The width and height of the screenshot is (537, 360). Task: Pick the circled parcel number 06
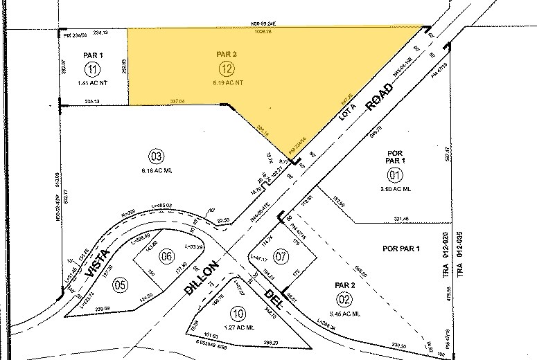166,255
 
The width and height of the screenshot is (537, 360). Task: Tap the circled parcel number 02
344,298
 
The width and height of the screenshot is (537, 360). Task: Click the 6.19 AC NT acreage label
227,82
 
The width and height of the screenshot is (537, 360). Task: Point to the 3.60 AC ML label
395,188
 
